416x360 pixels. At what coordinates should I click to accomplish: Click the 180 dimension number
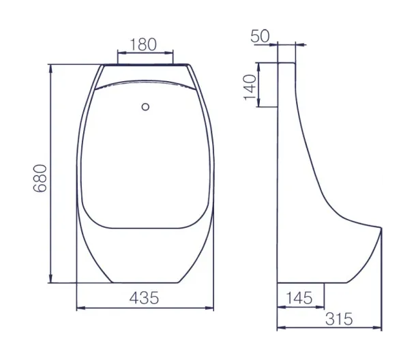tap(143, 44)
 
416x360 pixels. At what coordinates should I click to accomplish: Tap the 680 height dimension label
tap(40, 178)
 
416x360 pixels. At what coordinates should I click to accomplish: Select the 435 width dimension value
tap(144, 298)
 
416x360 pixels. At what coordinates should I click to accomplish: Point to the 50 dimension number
tap(260, 36)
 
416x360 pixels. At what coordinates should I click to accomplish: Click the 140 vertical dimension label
tap(250, 87)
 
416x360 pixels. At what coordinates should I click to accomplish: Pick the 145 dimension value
tap(299, 298)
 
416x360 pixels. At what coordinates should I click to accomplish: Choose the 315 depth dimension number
tap(339, 318)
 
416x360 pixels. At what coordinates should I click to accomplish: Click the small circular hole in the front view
tap(145, 107)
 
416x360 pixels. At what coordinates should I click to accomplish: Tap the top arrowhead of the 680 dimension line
tap(50, 68)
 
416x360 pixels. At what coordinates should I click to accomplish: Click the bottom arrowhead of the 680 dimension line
tap(50, 279)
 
